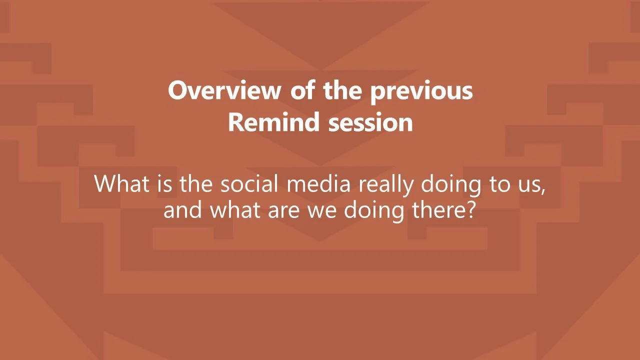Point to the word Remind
[x=273, y=121]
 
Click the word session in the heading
[x=370, y=122]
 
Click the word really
[x=385, y=185]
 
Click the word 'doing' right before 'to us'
[x=451, y=185]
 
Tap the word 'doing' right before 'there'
[x=374, y=211]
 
